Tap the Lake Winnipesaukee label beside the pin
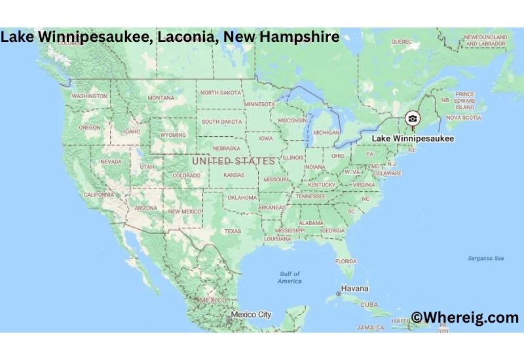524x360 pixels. pos(413,139)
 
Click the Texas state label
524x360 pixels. pos(233,231)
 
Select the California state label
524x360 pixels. pos(99,195)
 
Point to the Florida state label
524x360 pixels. pos(346,261)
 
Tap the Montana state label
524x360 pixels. pos(161,98)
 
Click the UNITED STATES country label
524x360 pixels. pos(233,161)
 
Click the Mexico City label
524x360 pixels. pos(250,315)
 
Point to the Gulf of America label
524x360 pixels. pos(290,278)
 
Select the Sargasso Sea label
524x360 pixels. pos(486,259)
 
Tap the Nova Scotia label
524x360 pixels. pos(463,118)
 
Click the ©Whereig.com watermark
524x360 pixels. pos(465,317)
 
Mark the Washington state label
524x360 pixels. pos(90,96)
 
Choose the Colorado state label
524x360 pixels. pos(186,175)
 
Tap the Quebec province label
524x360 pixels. pos(401,41)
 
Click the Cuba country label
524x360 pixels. pos(369,305)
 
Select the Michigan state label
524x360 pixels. pos(326,132)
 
